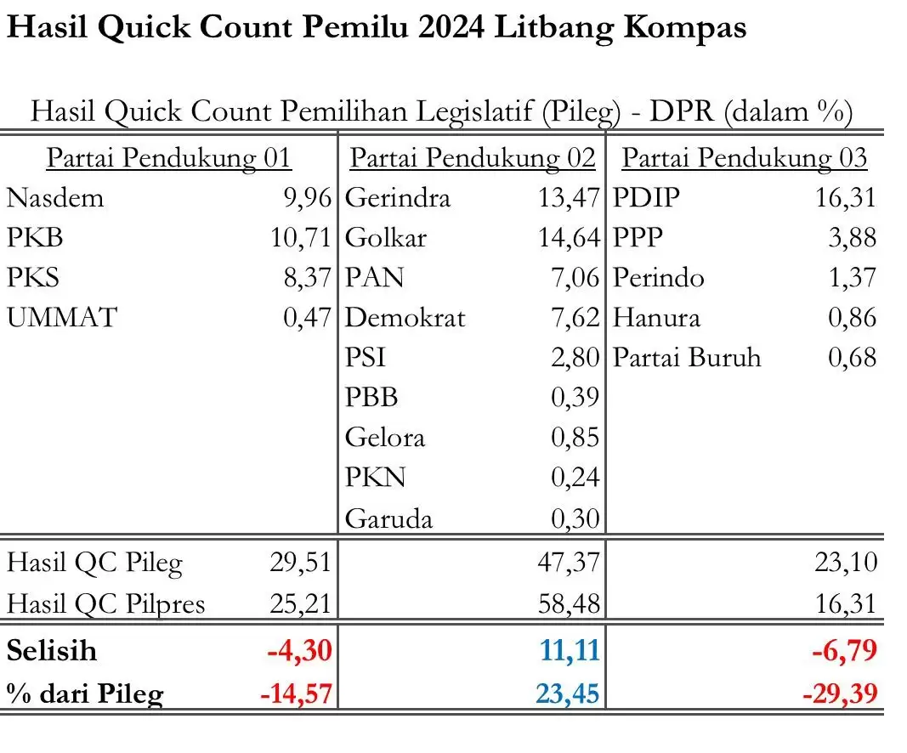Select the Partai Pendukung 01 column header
point(168,158)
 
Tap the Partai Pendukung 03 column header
point(745,158)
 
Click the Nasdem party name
point(55,198)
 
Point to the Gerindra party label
point(398,198)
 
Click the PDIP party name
point(647,198)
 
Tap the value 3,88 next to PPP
point(852,238)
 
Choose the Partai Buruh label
point(688,358)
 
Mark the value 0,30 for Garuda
point(575,518)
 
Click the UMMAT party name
point(62,318)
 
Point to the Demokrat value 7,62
point(575,318)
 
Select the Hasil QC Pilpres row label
point(106,603)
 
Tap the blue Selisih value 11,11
point(570,651)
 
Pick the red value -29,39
point(839,694)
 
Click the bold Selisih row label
point(52,651)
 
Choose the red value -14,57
point(295,694)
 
